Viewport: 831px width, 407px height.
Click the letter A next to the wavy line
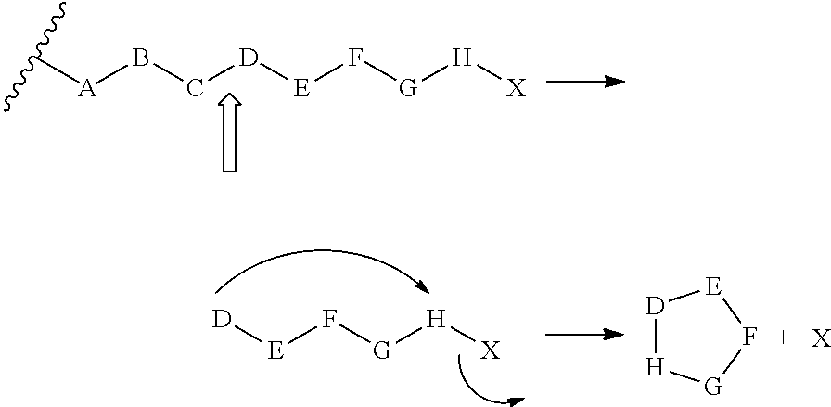[x=87, y=89]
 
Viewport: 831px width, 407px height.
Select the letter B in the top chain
[x=140, y=60]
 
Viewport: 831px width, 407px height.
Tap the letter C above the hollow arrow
[x=194, y=89]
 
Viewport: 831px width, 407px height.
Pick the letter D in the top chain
[x=247, y=60]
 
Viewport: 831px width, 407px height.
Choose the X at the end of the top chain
[x=516, y=89]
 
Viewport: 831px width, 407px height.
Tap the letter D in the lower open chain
[x=221, y=321]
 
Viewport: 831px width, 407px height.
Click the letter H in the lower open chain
[x=436, y=321]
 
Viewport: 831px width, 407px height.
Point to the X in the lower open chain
[x=491, y=350]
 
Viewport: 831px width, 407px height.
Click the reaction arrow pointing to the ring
[x=584, y=334]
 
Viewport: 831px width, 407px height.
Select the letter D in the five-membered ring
[x=655, y=305]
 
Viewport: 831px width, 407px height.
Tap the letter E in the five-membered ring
[x=712, y=287]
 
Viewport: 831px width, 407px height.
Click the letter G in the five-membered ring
[x=712, y=386]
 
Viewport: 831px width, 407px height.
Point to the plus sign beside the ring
[x=784, y=339]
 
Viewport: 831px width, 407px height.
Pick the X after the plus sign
[x=820, y=339]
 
